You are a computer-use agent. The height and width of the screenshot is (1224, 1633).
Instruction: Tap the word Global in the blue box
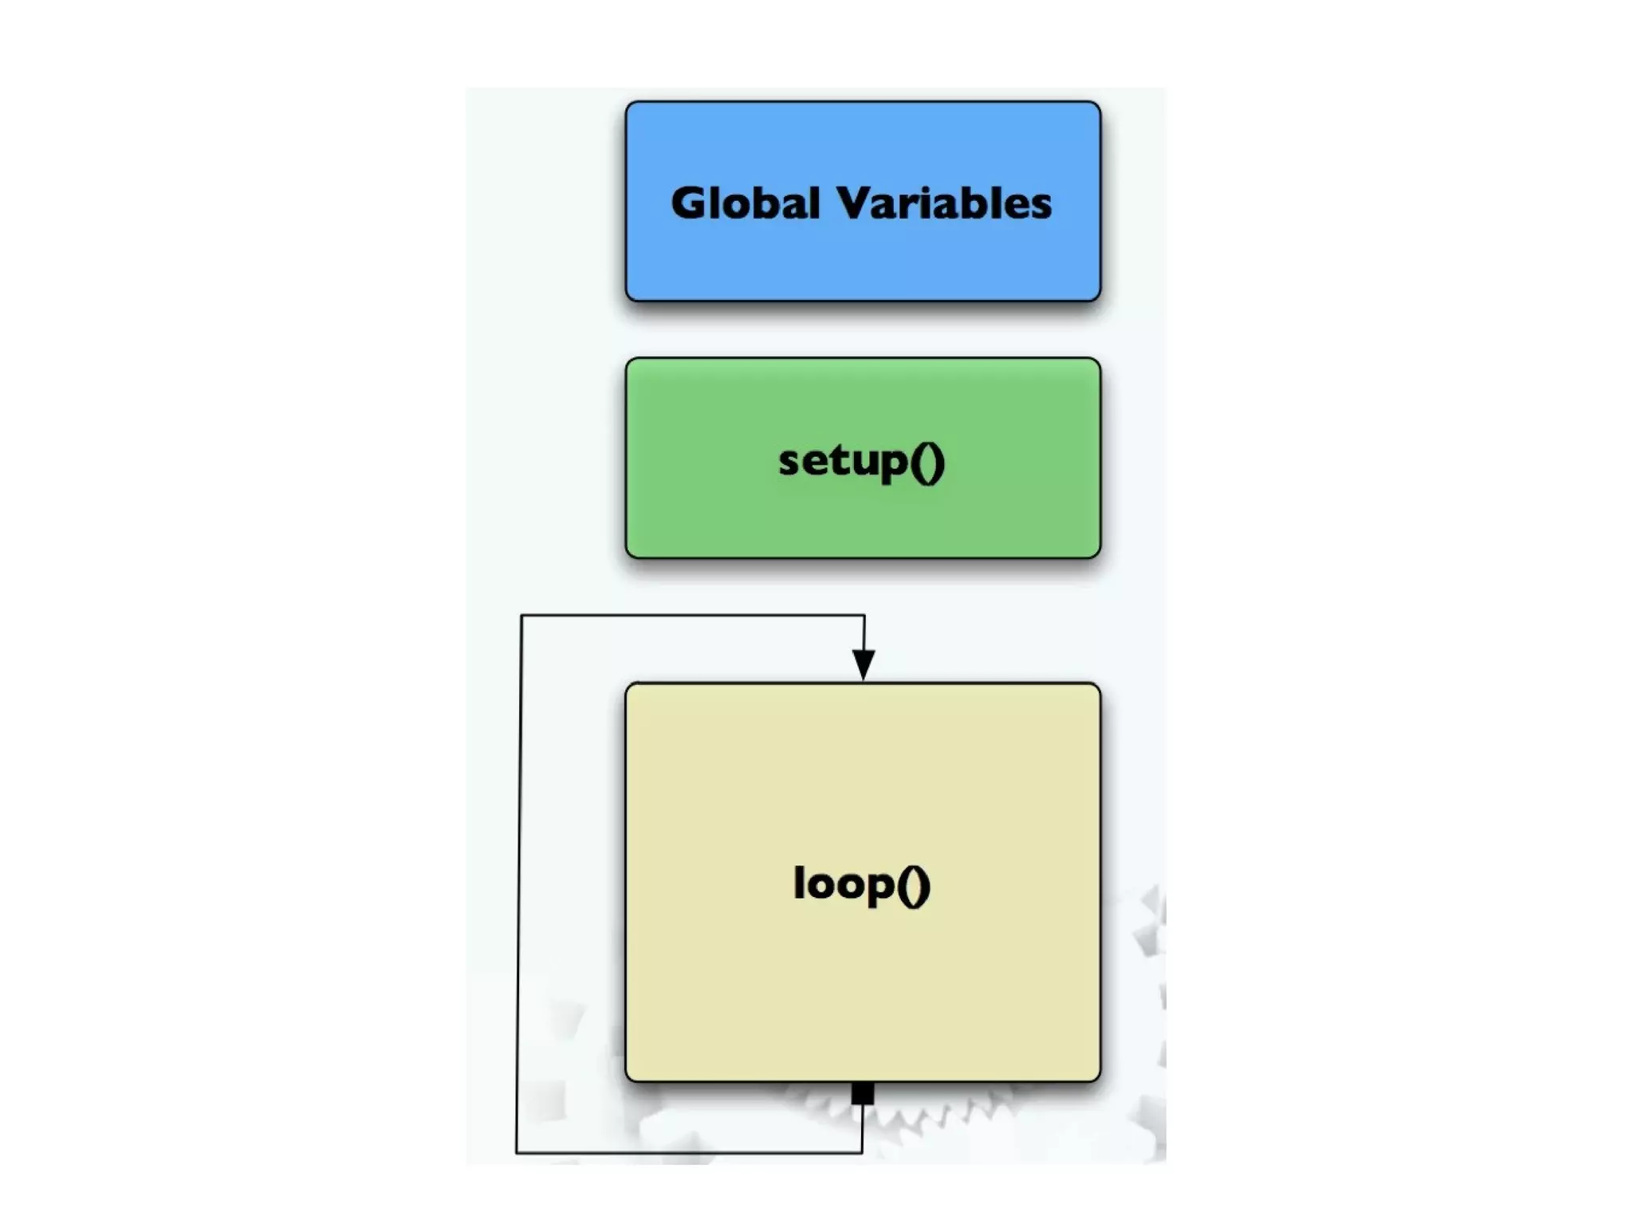point(745,203)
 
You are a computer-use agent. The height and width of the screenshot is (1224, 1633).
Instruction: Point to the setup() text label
point(861,461)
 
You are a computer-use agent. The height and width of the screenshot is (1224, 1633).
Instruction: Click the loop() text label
point(861,884)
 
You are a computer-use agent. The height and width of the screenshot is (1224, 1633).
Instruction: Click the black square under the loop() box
point(862,1093)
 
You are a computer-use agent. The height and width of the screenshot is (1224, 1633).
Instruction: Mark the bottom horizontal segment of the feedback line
point(689,1152)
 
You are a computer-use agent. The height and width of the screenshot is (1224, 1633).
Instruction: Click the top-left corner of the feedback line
point(521,615)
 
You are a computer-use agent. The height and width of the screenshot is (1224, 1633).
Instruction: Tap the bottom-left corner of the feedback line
point(517,1152)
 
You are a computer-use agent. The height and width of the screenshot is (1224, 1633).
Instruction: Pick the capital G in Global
point(691,203)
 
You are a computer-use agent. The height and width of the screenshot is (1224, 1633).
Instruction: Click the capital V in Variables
point(860,203)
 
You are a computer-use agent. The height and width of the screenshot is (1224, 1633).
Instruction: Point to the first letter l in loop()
point(799,881)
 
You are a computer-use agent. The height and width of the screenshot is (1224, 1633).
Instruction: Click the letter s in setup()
point(789,462)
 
